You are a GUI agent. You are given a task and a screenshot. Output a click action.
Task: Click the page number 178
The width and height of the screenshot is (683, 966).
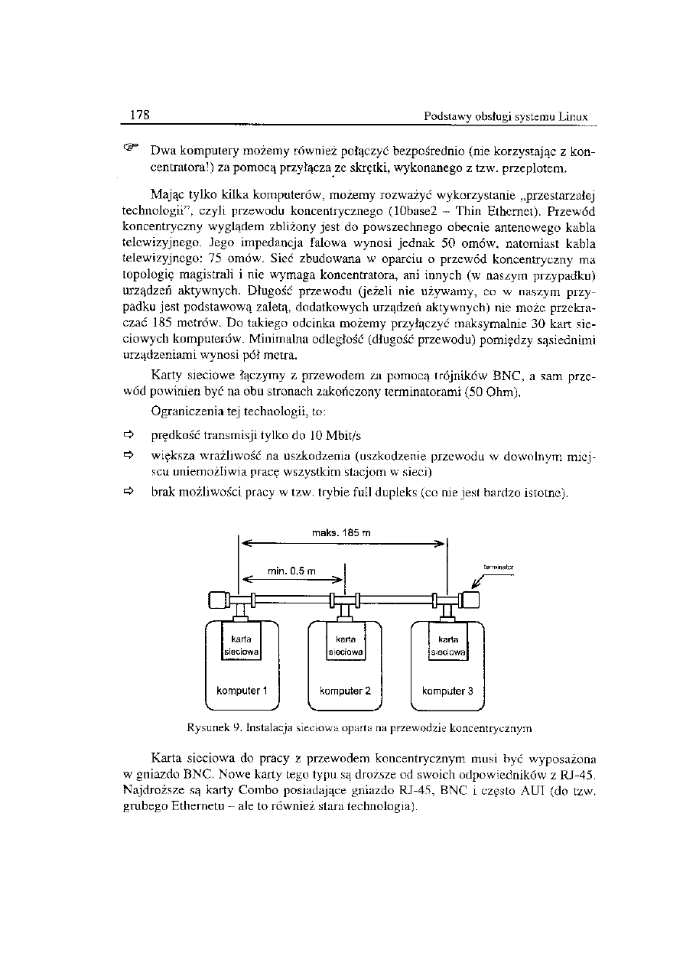[139, 115]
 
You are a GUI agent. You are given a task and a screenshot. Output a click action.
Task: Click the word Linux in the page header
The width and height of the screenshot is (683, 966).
[571, 117]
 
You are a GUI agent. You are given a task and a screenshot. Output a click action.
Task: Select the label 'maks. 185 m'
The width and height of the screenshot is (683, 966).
[343, 532]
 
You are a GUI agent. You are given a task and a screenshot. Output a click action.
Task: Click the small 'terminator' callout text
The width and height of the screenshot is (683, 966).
[498, 568]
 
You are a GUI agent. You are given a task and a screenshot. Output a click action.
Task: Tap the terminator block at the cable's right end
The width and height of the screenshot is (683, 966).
[469, 600]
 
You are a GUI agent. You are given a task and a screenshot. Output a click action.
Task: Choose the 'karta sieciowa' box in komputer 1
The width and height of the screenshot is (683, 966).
[241, 642]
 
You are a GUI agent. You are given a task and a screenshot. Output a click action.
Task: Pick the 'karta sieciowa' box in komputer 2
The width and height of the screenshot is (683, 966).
[345, 643]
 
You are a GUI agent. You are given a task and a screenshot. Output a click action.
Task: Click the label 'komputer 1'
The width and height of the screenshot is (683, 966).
[241, 691]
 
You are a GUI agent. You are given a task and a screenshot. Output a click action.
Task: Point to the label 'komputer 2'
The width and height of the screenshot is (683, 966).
[345, 691]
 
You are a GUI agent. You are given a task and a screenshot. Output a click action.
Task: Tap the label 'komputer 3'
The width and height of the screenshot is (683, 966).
[448, 691]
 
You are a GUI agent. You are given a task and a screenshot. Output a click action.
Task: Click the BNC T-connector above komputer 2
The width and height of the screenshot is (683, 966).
[345, 603]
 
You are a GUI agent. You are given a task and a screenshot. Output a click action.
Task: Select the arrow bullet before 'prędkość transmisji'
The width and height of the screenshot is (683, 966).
[128, 435]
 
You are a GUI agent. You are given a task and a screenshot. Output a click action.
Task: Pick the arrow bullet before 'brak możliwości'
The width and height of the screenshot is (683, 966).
[128, 493]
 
